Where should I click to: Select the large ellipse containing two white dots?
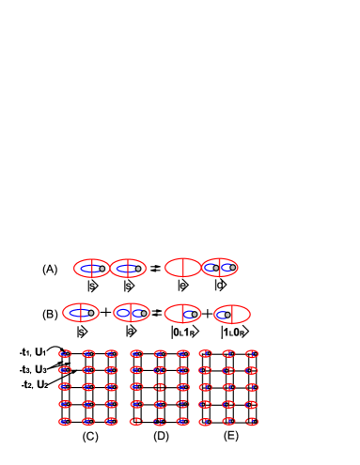coord(220,268)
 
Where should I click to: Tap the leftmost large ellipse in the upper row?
coord(92,269)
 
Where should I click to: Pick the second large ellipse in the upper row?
coord(129,269)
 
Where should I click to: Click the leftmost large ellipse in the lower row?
coord(81,313)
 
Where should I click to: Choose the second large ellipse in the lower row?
coord(132,313)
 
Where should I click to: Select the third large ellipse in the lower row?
coord(182,314)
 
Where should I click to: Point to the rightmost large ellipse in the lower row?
coord(232,315)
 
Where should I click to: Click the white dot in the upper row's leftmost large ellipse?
coord(102,269)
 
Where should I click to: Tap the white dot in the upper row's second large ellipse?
coord(138,269)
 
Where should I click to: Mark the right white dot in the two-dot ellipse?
coord(233,268)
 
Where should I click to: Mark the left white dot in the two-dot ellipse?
coord(216,268)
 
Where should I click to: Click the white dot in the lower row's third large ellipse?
coord(195,314)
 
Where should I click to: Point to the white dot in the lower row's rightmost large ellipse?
coord(227,315)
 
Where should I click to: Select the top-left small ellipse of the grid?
coord(65,354)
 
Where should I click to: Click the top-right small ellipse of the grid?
coord(252,354)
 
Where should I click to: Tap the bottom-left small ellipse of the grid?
coord(65,422)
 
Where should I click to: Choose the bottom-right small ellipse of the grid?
coord(252,422)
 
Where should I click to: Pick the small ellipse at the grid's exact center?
coord(160,387)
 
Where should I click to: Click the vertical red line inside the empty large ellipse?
coord(182,268)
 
